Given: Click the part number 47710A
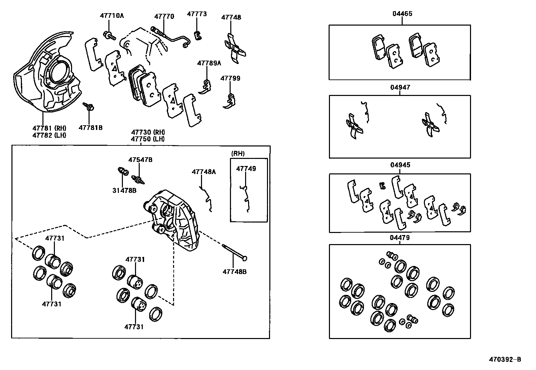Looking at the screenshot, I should pyautogui.click(x=111, y=15).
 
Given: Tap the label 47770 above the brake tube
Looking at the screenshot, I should pyautogui.click(x=164, y=16).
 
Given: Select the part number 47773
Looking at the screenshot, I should pyautogui.click(x=197, y=14).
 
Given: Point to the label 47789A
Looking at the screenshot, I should pyautogui.click(x=209, y=63).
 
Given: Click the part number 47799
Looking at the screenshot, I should pyautogui.click(x=230, y=78).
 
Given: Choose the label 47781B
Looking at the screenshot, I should pyautogui.click(x=91, y=128).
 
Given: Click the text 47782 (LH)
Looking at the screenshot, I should pyautogui.click(x=49, y=135).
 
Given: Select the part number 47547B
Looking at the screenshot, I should pyautogui.click(x=140, y=160).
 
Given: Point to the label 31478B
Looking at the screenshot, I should pyautogui.click(x=124, y=190).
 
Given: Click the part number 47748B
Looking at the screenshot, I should pyautogui.click(x=234, y=271).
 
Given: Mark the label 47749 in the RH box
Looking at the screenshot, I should pyautogui.click(x=246, y=168).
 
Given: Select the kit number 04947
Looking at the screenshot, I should pyautogui.click(x=400, y=87).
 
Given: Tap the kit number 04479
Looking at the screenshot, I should pyautogui.click(x=400, y=238).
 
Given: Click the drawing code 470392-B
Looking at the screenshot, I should pyautogui.click(x=505, y=359).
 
